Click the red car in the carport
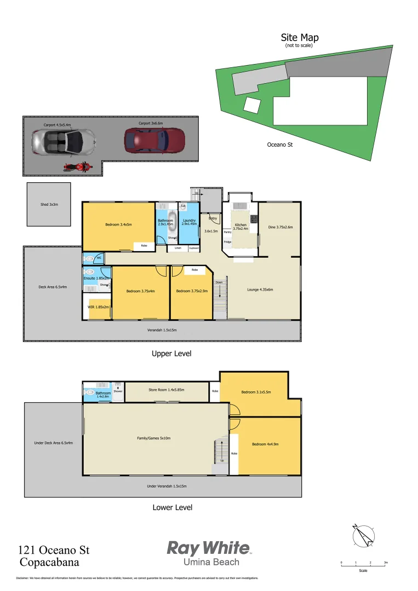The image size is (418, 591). (x=154, y=141)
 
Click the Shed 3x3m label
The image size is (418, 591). (x=49, y=204)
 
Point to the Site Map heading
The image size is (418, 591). (x=300, y=38)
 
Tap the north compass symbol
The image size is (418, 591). (x=363, y=535)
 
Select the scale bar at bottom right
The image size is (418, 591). (x=363, y=564)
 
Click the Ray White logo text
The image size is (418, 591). (x=208, y=548)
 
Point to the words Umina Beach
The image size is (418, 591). (x=211, y=563)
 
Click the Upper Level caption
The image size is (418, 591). (x=171, y=354)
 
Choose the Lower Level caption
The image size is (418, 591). (x=172, y=507)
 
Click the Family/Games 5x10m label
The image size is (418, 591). (x=154, y=438)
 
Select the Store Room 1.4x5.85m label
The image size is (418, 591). (x=167, y=390)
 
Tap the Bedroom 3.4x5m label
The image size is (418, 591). (x=118, y=224)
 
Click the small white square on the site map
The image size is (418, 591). (x=251, y=105)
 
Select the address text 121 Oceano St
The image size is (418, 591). (x=54, y=550)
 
